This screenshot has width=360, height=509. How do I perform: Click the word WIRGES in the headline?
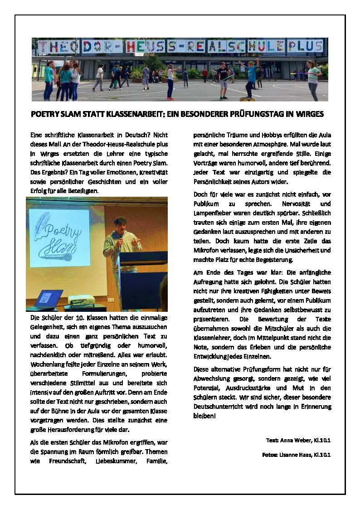click(310, 114)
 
